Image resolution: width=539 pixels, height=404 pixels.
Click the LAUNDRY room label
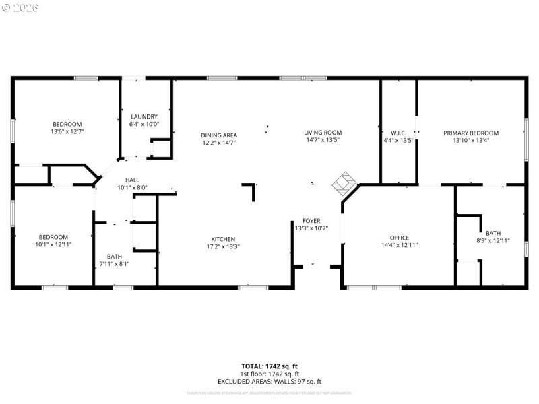144,116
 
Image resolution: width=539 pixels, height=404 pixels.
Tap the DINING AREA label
219,135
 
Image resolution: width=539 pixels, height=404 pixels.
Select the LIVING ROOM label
323,133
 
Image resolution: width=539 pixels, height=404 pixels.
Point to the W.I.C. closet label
398,133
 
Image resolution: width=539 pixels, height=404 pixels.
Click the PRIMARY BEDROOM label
471,133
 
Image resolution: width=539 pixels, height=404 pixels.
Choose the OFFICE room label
400,238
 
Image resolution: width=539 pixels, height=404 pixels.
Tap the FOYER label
311,221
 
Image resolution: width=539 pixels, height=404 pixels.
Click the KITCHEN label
223,239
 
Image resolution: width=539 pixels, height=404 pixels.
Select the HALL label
132,180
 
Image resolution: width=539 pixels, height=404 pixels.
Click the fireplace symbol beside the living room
346,182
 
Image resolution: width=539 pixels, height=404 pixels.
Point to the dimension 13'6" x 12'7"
67,131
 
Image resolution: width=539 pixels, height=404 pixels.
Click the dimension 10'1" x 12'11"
53,244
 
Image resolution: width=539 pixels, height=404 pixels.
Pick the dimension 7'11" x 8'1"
114,263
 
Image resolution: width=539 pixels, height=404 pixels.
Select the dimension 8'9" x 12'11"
493,240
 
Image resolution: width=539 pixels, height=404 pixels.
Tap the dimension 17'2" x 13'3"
223,246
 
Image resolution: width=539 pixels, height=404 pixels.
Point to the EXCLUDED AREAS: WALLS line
269,382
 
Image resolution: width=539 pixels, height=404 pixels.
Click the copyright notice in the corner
20,8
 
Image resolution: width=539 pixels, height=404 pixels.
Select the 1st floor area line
269,374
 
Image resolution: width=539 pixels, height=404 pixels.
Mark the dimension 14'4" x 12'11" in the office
400,245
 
